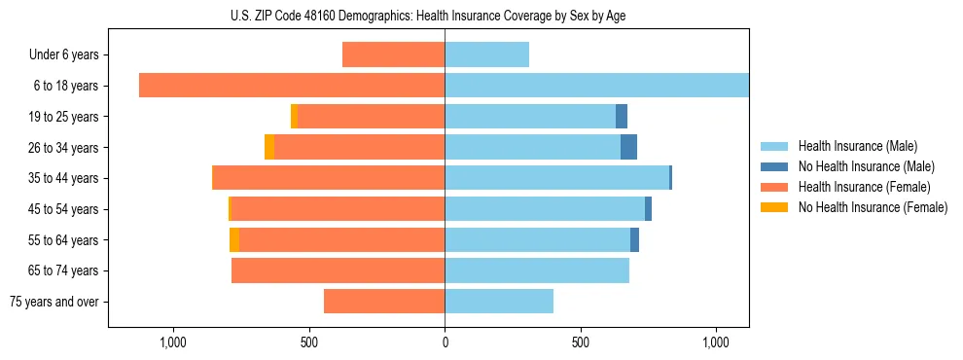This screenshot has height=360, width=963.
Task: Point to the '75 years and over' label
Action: coord(54,302)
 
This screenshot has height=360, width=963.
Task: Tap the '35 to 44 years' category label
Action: coord(65,178)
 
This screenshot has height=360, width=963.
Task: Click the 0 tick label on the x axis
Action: coord(445,342)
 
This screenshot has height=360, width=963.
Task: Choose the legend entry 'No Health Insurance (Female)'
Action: coord(873,207)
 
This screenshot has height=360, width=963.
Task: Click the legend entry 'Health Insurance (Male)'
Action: coord(857,146)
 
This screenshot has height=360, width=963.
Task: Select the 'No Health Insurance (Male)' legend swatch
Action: coord(775,166)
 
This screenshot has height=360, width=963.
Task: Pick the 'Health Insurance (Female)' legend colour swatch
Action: coord(775,187)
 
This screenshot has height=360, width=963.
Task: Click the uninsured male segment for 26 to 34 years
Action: coord(628,147)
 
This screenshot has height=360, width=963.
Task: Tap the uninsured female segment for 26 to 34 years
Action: coord(269,147)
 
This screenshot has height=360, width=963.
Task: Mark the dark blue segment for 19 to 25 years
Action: coord(622,117)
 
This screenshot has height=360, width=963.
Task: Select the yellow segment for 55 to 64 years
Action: coord(234,239)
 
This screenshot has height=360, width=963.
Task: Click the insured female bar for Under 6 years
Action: coord(393,55)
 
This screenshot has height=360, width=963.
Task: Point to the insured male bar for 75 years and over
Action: coord(499,302)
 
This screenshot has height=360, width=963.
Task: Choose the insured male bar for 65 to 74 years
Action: coord(537,270)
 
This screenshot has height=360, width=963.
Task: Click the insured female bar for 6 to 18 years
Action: coord(292,86)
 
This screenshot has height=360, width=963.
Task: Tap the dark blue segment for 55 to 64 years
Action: coord(634,239)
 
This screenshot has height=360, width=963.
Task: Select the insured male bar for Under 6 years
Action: coord(486,55)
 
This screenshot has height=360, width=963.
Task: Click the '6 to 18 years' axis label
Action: coord(65,86)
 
